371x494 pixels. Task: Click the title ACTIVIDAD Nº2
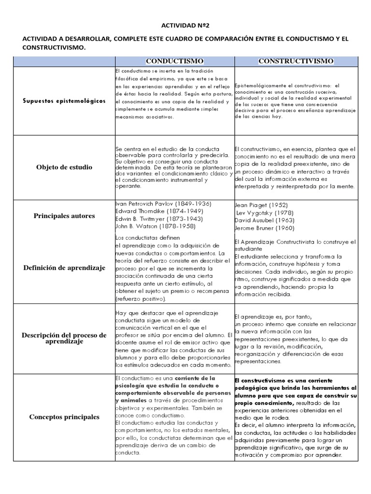[185, 26]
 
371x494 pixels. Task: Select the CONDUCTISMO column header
[174, 61]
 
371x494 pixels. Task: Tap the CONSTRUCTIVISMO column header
[296, 61]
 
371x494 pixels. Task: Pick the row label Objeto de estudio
[64, 167]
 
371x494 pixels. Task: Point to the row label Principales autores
[64, 216]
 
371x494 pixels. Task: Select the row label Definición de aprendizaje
[64, 268]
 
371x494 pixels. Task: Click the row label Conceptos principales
[64, 417]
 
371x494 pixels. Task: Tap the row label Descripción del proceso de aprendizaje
[64, 338]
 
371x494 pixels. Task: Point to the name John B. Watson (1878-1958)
[149, 226]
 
